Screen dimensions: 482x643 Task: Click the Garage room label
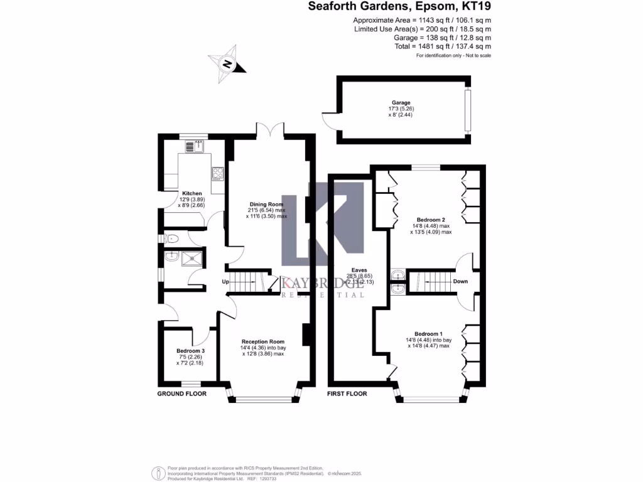(401, 103)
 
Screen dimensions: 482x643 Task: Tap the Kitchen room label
(192, 193)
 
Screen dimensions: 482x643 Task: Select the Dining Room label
(266, 205)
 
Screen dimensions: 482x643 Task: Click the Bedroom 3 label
(190, 351)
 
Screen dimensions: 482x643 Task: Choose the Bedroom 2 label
(430, 220)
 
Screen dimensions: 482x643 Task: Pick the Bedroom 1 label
(428, 334)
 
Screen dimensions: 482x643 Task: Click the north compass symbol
(227, 63)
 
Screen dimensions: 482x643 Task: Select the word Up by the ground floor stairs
(225, 282)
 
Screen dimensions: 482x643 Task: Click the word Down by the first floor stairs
(460, 281)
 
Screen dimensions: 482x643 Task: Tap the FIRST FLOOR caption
(347, 394)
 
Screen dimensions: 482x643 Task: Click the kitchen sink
(194, 147)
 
